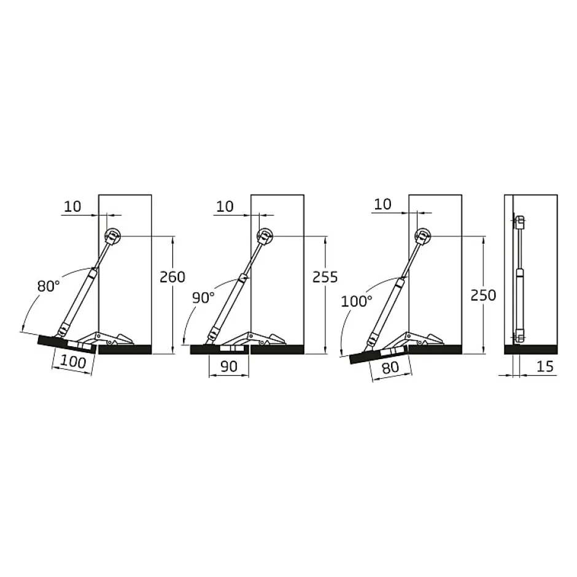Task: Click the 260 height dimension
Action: click(172, 277)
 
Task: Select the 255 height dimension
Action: click(325, 277)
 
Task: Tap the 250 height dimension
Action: click(483, 295)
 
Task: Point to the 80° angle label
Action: click(48, 286)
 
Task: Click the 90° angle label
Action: click(203, 298)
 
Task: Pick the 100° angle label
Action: click(357, 301)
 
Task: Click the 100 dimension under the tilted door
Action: click(73, 362)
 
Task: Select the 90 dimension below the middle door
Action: click(228, 366)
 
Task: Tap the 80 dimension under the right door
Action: click(390, 367)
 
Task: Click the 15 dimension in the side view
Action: click(545, 366)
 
